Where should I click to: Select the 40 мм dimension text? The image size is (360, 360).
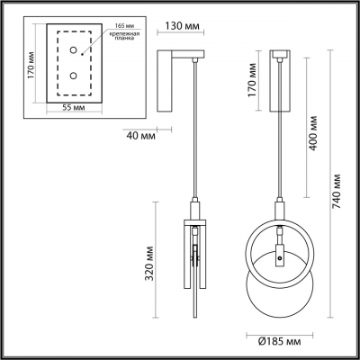click(x=138, y=137)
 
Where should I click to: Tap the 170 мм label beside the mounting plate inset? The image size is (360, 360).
click(x=31, y=65)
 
